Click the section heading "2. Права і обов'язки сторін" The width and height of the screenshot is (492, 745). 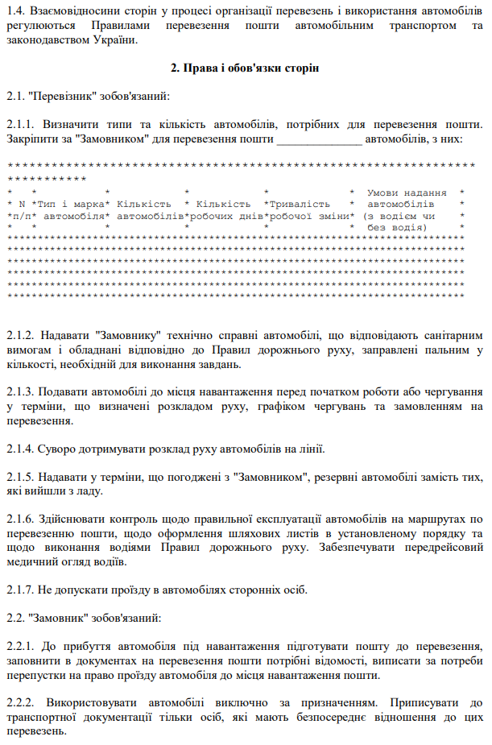(x=246, y=68)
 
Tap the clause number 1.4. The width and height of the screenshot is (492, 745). (x=14, y=10)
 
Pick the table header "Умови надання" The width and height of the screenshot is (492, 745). (x=407, y=193)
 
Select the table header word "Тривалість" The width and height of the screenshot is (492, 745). (x=300, y=205)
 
